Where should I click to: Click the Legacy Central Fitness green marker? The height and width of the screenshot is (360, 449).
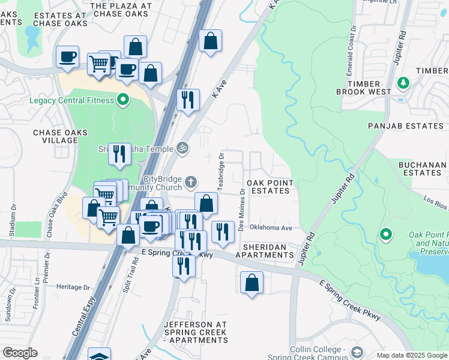pyautogui.click(x=124, y=100)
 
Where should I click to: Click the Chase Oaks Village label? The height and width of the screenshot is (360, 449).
pyautogui.click(x=60, y=136)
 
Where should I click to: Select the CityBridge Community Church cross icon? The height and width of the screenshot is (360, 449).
pyautogui.click(x=191, y=181)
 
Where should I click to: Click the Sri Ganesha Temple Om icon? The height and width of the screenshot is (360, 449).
pyautogui.click(x=181, y=148)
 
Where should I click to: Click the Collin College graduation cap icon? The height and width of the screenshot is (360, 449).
pyautogui.click(x=358, y=352)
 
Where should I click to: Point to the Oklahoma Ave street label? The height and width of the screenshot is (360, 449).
pyautogui.click(x=271, y=228)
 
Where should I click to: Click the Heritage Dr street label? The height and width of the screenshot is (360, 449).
pyautogui.click(x=73, y=287)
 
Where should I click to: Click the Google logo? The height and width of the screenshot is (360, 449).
pyautogui.click(x=20, y=353)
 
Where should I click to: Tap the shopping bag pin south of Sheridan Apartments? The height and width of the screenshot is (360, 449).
pyautogui.click(x=252, y=283)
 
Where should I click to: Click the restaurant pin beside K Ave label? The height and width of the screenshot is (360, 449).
pyautogui.click(x=188, y=100)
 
